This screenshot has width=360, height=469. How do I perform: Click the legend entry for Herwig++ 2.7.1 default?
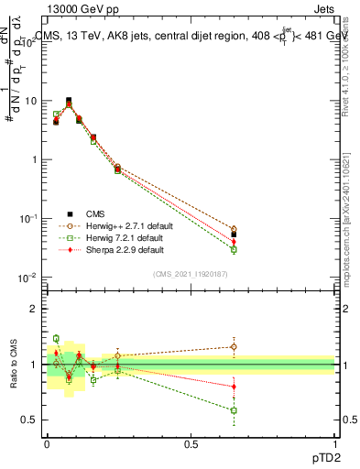pos(114,224)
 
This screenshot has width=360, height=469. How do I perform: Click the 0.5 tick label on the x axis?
pos(191,443)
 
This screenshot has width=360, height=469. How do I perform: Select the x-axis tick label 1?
pos(334,443)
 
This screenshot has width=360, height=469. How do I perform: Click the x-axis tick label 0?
pos(47,443)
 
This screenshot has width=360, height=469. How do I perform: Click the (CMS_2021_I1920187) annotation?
pos(191,274)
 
